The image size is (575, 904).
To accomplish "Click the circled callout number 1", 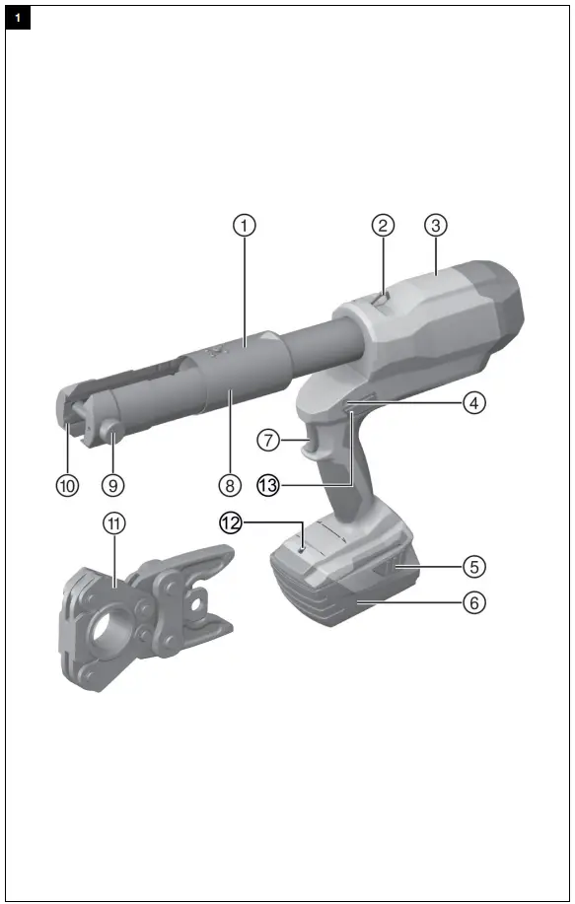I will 245,225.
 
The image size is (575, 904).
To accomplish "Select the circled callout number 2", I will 383,225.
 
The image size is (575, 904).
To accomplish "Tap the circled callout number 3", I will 437,225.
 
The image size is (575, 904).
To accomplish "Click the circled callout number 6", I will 475,600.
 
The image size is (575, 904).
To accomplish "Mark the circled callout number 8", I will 230,484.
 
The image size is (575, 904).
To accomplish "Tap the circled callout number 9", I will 117,484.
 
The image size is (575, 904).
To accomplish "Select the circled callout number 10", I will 66,484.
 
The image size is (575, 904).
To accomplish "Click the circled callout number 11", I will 116,523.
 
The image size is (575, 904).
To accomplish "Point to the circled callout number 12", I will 230,523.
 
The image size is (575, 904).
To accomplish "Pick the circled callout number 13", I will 268,484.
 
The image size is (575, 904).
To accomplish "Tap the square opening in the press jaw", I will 201,600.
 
